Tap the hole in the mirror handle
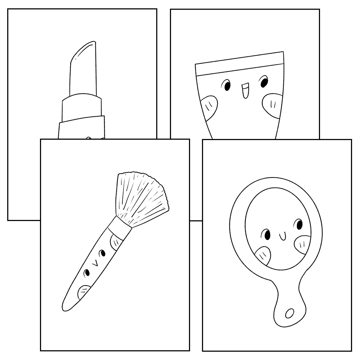coord(289,314)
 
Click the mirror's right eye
coord(298,225)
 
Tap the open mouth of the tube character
coord(245,91)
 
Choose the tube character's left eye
coord(227,86)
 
